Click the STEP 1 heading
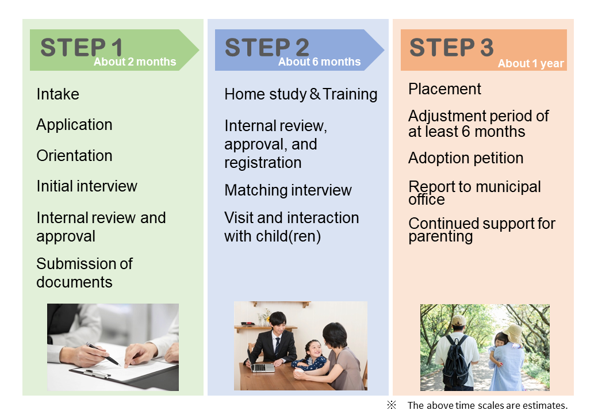(81, 47)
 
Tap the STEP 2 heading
(266, 47)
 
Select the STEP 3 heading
(451, 47)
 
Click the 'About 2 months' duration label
(135, 62)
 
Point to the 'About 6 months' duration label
(319, 62)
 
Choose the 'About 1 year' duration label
(531, 64)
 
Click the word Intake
(57, 94)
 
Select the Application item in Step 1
(74, 125)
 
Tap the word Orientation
(74, 156)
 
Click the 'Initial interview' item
(87, 186)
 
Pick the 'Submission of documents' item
(84, 273)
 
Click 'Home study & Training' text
(301, 94)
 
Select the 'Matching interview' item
(287, 190)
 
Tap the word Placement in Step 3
(444, 89)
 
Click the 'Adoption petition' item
(466, 158)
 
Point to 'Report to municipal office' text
(474, 193)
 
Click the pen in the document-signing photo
(102, 354)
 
